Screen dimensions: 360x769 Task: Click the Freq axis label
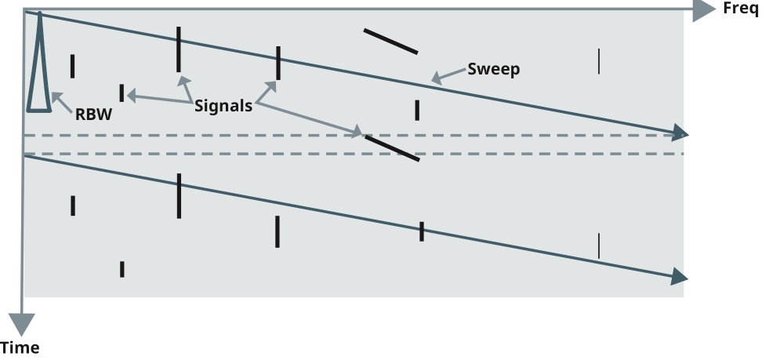741,9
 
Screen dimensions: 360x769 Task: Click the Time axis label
20,347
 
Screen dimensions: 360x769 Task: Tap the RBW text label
94,114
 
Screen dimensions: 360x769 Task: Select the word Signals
223,106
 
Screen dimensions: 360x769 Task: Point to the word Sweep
493,69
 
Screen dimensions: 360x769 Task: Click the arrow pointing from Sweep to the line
447,76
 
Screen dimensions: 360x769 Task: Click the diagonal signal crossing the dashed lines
392,147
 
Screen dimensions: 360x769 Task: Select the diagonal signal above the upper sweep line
390,42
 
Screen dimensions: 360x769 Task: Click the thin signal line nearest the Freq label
599,61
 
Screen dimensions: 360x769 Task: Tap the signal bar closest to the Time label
122,269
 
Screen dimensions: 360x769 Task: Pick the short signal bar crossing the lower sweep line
422,231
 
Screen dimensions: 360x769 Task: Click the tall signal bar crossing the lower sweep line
179,195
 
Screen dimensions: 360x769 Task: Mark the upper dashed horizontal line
353,135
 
